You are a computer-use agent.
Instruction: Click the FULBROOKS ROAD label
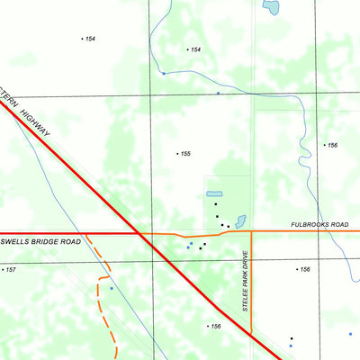tap(319, 225)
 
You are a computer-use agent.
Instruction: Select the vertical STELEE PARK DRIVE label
tap(245, 281)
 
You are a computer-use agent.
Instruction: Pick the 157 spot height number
tap(11, 269)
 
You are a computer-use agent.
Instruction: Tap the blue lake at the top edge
tap(270, 8)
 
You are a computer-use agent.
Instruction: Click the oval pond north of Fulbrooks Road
tap(214, 193)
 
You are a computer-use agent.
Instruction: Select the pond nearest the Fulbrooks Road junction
tap(240, 220)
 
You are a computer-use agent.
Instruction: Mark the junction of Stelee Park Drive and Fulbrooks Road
tap(251, 231)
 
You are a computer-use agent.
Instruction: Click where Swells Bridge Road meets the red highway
tap(138, 233)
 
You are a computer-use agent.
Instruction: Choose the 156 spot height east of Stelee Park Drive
tap(304, 269)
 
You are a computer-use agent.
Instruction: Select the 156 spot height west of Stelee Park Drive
tap(215, 327)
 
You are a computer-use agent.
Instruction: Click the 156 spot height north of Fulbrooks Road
tap(332, 145)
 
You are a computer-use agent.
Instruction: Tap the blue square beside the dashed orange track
tap(112, 288)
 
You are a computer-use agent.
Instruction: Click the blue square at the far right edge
tap(351, 333)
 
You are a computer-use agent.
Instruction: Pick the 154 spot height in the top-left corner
tap(89, 39)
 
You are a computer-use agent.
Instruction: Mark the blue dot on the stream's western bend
tap(163, 72)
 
